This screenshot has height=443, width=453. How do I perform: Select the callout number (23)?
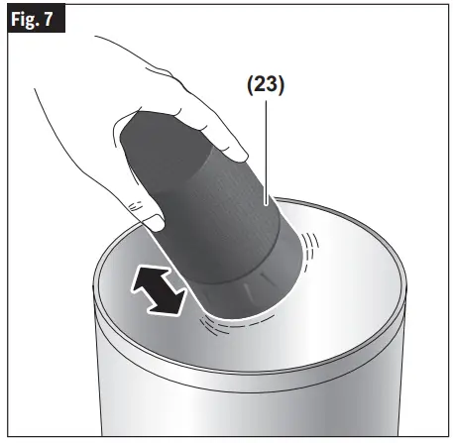tap(265, 85)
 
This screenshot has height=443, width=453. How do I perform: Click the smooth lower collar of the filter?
tap(248, 282)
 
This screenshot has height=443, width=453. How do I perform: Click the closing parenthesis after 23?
tap(283, 85)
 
